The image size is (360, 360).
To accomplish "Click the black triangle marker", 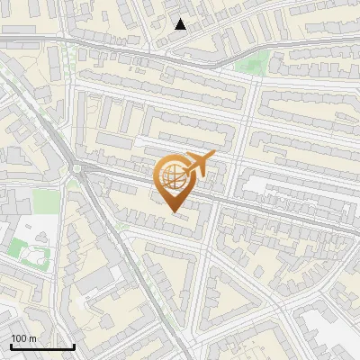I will (181, 24).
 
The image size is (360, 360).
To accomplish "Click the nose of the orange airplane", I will (214, 155).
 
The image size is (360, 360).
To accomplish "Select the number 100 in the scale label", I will (18, 338).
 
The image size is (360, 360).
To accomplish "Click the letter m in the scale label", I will (32, 338).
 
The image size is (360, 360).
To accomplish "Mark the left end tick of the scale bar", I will (10, 346).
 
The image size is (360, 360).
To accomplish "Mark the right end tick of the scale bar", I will (74, 346).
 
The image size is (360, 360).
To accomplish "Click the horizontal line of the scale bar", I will (41, 347).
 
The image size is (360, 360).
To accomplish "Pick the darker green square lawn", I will (18, 246).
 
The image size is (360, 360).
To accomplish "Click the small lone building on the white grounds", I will (41, 253).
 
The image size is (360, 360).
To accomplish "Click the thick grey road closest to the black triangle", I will (180, 52).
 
